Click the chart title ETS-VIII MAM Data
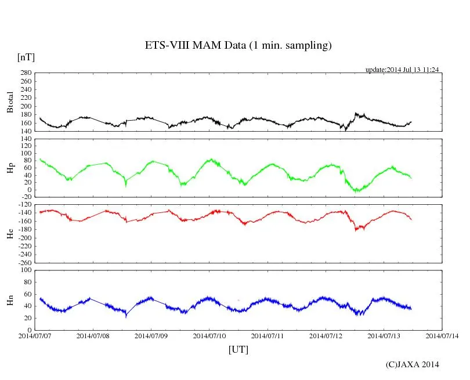click(238, 46)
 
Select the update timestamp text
click(402, 70)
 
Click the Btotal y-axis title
click(10, 102)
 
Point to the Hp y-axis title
click(10, 168)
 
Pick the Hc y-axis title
click(10, 233)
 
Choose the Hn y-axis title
click(10, 299)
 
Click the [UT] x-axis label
click(238, 349)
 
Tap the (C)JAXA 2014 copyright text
click(412, 364)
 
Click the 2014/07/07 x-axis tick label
click(35, 335)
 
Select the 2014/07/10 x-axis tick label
click(209, 335)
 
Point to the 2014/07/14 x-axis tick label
click(442, 335)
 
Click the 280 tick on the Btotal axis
click(25, 73)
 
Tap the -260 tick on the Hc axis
click(23, 262)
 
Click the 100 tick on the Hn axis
click(25, 270)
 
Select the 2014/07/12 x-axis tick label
click(326, 335)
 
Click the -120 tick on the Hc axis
click(23, 205)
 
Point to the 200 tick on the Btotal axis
click(25, 106)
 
